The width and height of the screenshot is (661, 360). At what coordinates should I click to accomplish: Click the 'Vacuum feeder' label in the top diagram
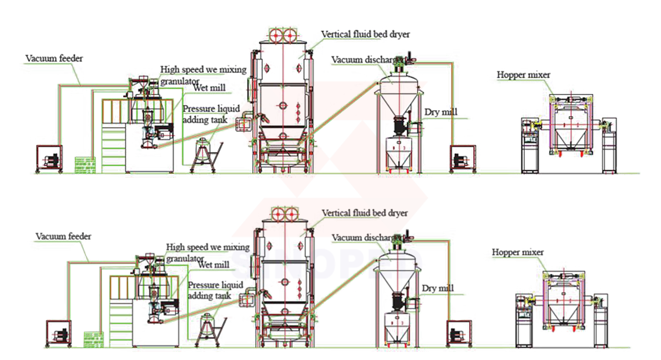click(54, 58)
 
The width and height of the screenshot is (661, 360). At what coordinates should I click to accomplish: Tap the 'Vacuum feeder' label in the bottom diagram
click(63, 236)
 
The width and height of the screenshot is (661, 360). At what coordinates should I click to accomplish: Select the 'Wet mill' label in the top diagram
click(210, 88)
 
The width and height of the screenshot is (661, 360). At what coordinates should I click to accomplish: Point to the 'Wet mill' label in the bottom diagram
click(214, 265)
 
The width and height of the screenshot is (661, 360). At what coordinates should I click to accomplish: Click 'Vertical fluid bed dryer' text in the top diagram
click(365, 34)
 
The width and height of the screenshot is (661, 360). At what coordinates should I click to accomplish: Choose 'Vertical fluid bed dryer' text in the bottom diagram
click(364, 213)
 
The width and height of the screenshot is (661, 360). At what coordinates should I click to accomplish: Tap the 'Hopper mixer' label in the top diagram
click(523, 74)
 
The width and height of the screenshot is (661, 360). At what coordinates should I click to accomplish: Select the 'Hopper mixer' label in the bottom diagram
click(518, 252)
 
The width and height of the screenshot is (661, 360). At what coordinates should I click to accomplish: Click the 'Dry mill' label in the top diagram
click(441, 112)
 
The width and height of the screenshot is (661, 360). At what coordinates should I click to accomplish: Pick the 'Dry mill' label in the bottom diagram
click(438, 288)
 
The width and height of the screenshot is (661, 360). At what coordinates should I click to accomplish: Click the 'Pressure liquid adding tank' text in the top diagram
click(211, 114)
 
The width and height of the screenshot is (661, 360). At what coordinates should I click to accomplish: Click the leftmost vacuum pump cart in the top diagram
click(49, 158)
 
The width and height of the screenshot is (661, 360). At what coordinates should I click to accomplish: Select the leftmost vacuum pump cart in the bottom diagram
click(59, 333)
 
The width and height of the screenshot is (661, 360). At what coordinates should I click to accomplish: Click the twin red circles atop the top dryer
click(283, 35)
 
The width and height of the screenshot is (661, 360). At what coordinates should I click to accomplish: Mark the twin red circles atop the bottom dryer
click(285, 214)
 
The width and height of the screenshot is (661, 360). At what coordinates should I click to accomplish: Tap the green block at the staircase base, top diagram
click(85, 165)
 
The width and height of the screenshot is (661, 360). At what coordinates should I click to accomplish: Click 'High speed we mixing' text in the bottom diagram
click(207, 247)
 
